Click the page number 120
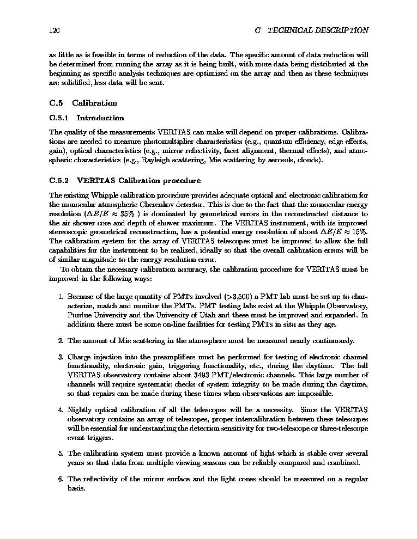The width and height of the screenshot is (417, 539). tap(54, 30)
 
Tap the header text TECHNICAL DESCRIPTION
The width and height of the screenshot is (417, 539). tap(318, 30)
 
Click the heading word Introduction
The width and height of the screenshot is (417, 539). tap(100, 118)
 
